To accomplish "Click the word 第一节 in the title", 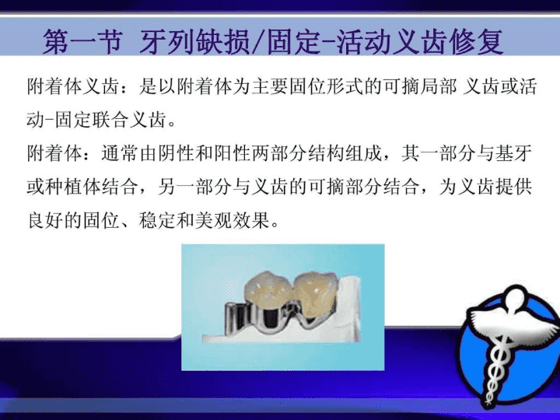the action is coord(83,42).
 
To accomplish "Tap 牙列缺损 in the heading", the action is coord(194,42).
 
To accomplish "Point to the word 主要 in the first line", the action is coord(271,87).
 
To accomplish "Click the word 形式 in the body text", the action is coord(345,87).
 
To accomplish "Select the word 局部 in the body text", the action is coord(439,87).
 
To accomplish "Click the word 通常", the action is coord(120,153).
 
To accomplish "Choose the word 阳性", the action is coord(232,153).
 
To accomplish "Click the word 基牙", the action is coord(513,153).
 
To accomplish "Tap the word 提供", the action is coord(513,187).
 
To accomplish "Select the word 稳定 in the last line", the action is coord(157,221).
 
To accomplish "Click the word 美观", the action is coord(213,221).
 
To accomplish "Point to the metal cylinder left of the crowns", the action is coord(235,319).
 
